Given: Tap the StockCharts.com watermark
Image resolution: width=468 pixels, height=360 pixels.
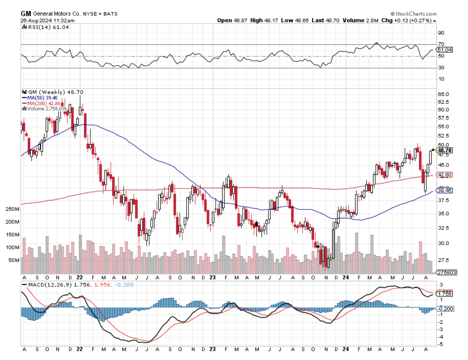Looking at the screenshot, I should [x=413, y=14].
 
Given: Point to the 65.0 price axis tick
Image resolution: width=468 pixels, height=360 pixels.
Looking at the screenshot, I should [x=443, y=94].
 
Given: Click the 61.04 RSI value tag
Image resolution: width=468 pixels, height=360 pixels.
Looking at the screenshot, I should [x=445, y=50].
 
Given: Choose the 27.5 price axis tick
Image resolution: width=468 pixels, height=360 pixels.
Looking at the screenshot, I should [x=443, y=260].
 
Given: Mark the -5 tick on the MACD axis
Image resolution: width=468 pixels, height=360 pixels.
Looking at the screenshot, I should [x=441, y=344].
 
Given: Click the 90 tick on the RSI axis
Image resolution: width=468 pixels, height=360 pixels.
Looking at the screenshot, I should [x=441, y=33].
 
